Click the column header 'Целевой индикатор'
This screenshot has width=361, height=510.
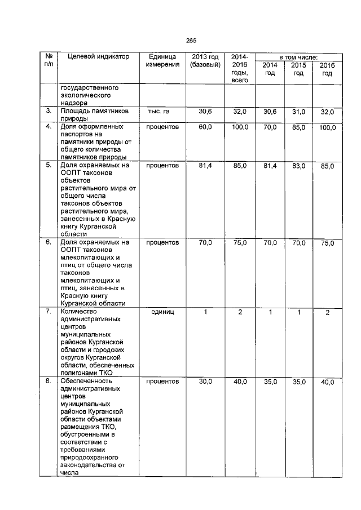point(98,57)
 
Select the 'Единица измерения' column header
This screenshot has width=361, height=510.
point(163,61)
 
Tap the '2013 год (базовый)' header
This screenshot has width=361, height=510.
point(205,61)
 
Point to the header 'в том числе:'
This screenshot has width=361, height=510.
point(298,57)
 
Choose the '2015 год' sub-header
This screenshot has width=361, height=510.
point(298,69)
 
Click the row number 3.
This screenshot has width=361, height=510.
point(49,112)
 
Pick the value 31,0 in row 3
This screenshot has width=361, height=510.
point(298,113)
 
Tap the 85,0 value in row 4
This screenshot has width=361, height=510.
point(298,128)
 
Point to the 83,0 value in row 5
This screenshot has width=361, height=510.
point(298,166)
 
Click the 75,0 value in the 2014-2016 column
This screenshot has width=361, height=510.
point(240,243)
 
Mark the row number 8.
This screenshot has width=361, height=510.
point(49,382)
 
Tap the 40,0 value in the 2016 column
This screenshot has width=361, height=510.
point(328,383)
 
